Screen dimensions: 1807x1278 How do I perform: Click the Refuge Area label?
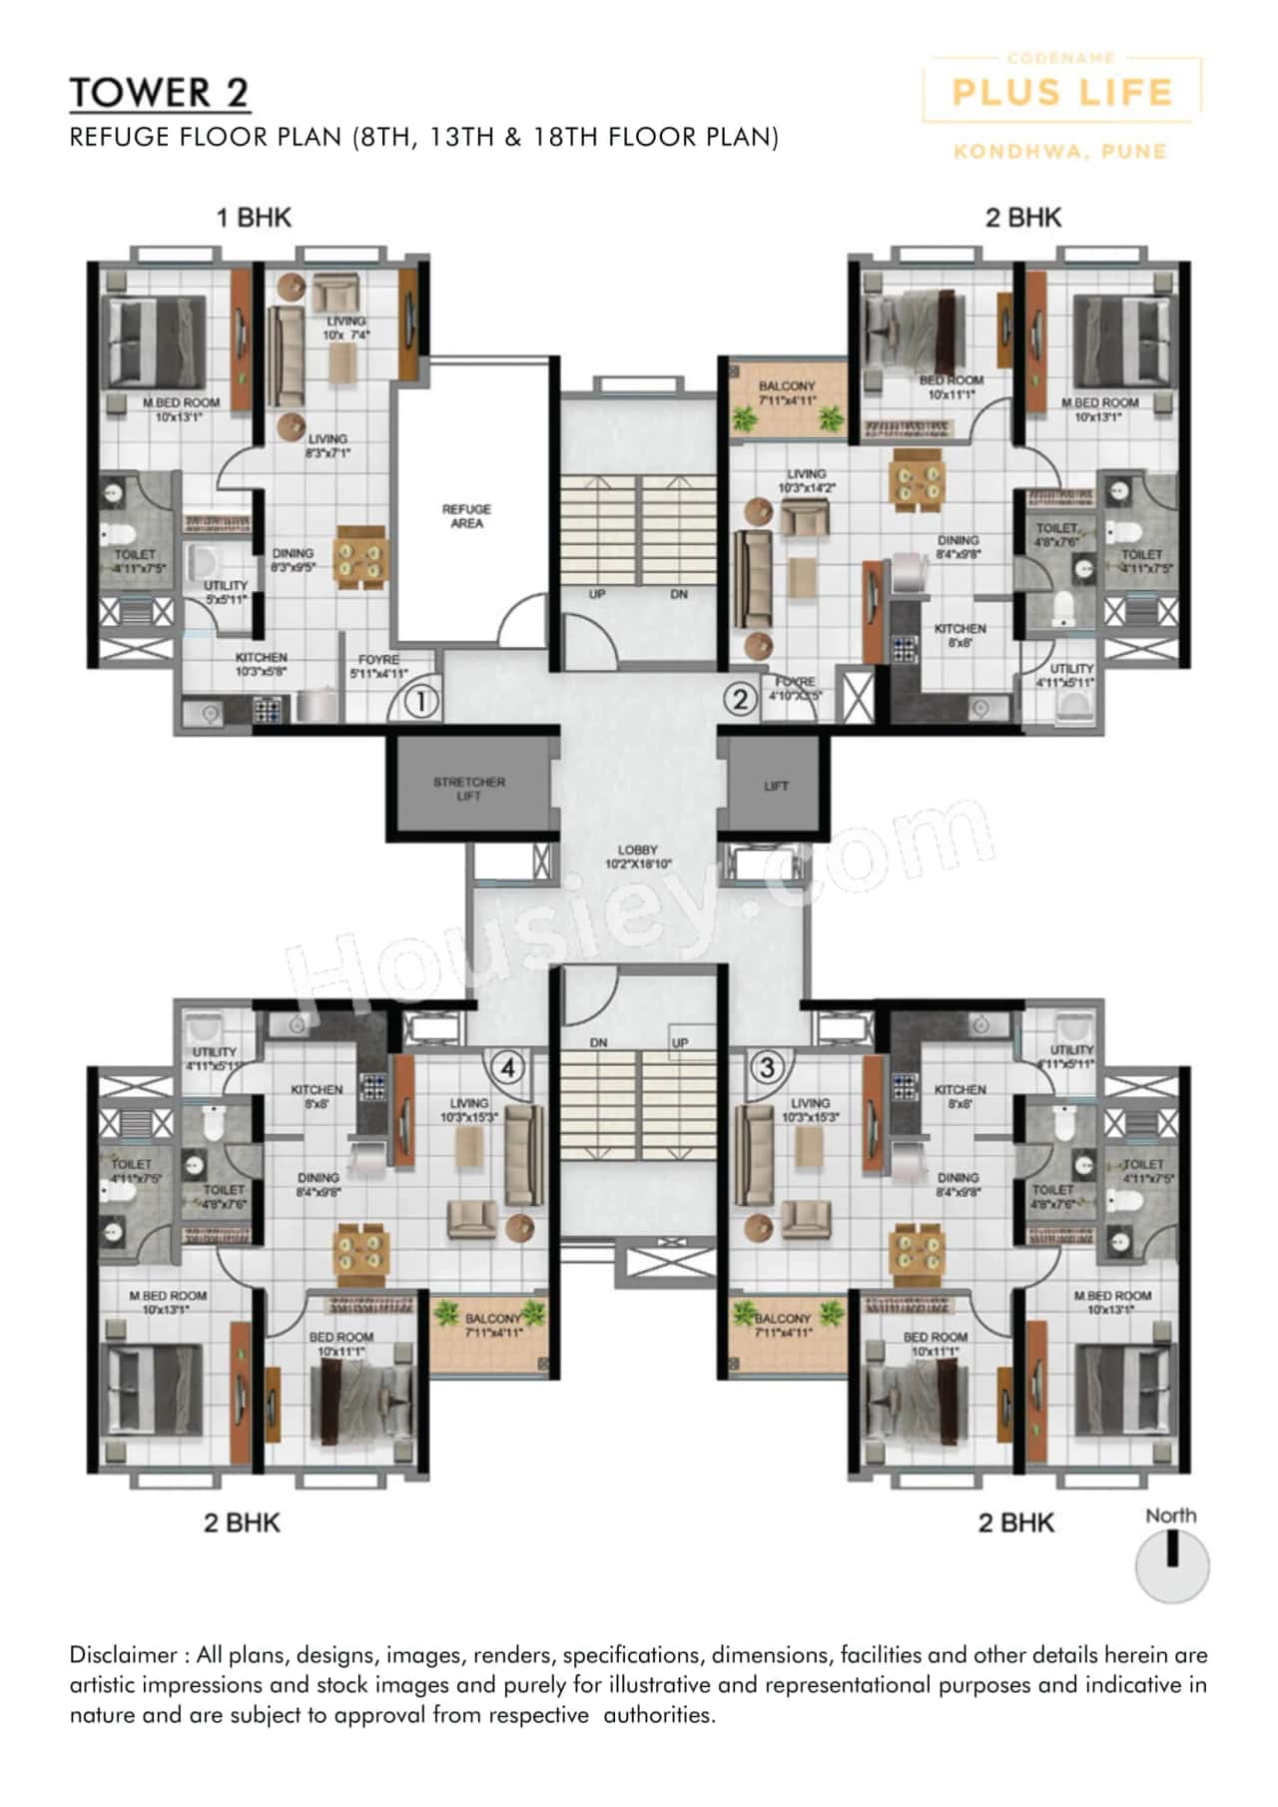click(466, 516)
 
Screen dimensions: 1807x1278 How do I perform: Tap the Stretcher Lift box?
click(469, 788)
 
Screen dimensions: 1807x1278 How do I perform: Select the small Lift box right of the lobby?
click(775, 786)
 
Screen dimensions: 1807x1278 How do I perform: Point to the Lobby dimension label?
click(638, 857)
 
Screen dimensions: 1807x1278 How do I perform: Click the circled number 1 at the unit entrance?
click(421, 702)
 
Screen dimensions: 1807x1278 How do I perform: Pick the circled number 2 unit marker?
click(740, 699)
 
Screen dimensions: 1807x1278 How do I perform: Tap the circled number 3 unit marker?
click(767, 1067)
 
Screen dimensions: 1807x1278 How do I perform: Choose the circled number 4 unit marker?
click(507, 1068)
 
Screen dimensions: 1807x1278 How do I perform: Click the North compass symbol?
click(1172, 1565)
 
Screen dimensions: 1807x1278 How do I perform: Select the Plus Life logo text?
click(1061, 93)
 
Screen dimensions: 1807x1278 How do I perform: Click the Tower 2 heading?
click(159, 93)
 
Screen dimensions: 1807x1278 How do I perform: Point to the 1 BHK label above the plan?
click(254, 218)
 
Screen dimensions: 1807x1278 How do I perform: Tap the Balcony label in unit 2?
click(787, 392)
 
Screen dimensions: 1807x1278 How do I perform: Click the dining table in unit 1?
click(359, 556)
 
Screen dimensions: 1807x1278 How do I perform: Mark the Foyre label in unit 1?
click(378, 666)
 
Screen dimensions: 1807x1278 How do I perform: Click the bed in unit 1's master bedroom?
click(156, 339)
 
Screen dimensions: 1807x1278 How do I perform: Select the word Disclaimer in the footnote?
click(122, 1654)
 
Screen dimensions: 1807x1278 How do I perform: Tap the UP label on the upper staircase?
click(597, 594)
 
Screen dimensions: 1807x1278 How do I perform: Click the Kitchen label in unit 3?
click(959, 1096)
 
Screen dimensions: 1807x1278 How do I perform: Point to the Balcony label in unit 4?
click(492, 1325)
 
